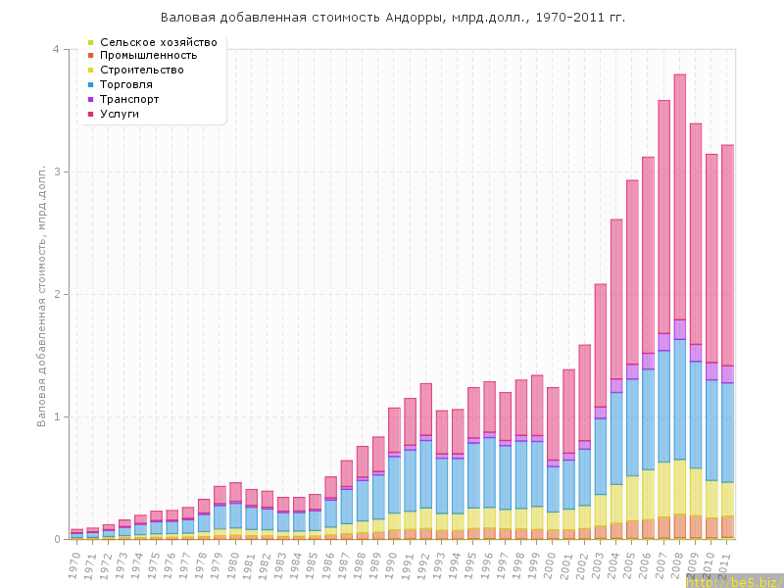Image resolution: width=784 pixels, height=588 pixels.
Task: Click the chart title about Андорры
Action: (392, 18)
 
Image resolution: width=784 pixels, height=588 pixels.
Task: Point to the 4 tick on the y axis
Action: (56, 50)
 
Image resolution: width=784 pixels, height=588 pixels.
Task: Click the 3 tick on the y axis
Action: (56, 171)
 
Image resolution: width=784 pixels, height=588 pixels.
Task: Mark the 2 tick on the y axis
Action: (56, 294)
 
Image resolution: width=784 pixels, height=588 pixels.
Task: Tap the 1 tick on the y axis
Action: (56, 416)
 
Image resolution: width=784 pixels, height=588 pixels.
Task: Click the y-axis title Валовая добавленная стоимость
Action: (42, 294)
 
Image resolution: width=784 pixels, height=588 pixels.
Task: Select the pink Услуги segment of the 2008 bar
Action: (679, 196)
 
